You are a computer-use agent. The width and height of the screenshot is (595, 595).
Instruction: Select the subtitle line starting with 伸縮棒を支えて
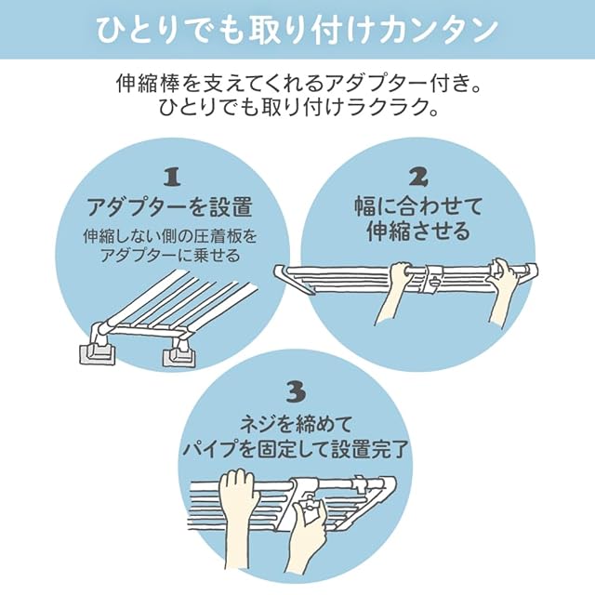tap(297, 84)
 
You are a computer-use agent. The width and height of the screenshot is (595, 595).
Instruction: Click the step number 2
tap(419, 176)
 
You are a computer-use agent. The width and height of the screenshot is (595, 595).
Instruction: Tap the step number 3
tap(295, 389)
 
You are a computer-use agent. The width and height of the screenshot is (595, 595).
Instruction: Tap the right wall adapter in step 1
tap(179, 353)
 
